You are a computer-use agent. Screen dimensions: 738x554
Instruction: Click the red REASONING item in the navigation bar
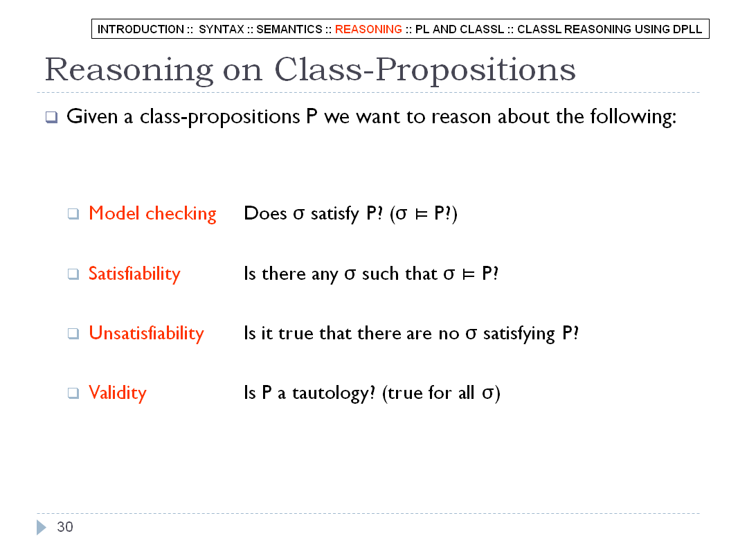[x=368, y=29]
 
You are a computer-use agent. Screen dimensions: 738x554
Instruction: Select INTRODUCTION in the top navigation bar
[x=141, y=29]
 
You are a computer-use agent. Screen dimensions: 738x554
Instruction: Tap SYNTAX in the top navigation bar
[x=222, y=29]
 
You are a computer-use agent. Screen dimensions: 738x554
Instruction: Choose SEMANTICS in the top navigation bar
[x=289, y=29]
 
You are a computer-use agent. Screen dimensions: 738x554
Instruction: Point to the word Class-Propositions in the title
[x=425, y=70]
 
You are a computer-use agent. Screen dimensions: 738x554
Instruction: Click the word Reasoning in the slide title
[x=129, y=71]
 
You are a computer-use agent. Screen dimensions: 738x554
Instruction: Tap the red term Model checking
[x=152, y=214]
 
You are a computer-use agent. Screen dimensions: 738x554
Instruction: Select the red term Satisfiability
[x=134, y=274]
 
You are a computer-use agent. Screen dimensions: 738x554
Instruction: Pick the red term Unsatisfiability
[x=146, y=333]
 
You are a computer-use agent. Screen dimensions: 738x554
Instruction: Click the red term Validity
[x=118, y=393]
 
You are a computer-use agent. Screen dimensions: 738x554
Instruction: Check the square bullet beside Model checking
[x=73, y=214]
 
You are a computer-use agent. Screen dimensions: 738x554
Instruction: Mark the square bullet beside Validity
[x=73, y=393]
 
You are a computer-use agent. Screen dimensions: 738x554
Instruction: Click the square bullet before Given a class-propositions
[x=52, y=117]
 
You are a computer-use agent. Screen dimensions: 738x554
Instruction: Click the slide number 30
[x=65, y=527]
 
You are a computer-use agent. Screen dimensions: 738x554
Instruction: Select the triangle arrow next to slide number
[x=41, y=527]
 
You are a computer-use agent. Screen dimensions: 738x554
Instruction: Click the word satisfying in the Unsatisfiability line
[x=519, y=334]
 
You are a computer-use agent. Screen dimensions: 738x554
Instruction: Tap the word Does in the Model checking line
[x=265, y=214]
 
